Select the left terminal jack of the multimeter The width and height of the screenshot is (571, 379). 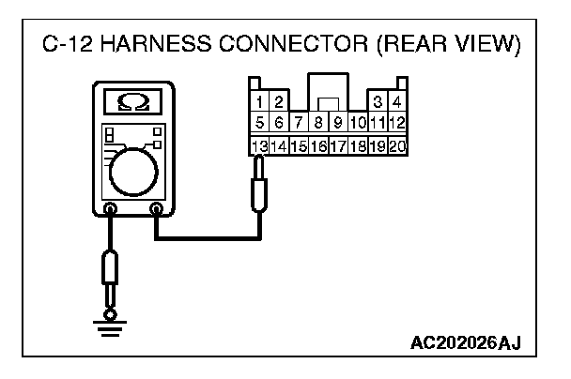tap(111, 210)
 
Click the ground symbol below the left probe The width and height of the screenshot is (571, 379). tap(111, 325)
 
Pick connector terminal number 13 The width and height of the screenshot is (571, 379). tap(256, 145)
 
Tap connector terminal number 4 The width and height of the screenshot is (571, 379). tap(397, 100)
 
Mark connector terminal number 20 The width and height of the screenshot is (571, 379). tap(396, 145)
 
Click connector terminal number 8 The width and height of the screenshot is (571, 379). tap(318, 123)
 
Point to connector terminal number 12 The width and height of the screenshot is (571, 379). tap(396, 123)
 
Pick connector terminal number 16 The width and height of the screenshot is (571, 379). tap(317, 145)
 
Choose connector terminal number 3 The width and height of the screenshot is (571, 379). tap(378, 100)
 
